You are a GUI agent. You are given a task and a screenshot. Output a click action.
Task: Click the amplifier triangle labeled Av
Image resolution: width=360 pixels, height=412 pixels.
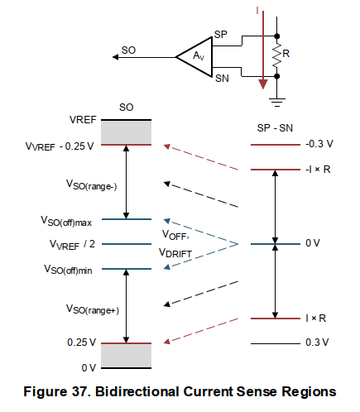coord(195,56)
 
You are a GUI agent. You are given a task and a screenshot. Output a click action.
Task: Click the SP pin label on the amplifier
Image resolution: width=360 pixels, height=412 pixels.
coord(220,36)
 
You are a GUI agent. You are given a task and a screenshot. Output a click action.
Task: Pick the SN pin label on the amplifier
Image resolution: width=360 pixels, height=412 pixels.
coord(221,78)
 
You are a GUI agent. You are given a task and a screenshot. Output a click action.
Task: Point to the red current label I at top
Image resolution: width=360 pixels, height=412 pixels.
coord(258,9)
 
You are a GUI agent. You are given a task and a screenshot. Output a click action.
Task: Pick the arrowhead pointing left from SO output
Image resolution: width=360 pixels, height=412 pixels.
coord(111,56)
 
